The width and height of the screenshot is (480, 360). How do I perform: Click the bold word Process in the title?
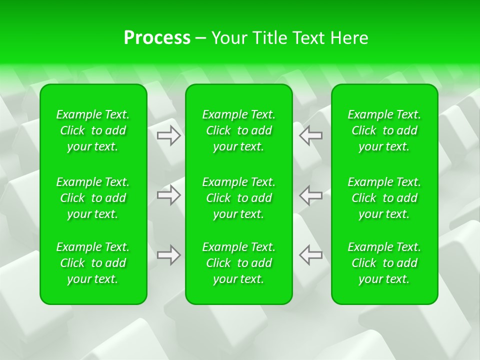pyautogui.click(x=157, y=38)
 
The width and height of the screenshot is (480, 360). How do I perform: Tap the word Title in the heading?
pyautogui.click(x=269, y=38)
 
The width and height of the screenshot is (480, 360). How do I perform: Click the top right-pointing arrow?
pyautogui.click(x=168, y=135)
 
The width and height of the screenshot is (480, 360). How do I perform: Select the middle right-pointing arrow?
pyautogui.click(x=168, y=195)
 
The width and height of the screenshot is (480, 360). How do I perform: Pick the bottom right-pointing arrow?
pyautogui.click(x=168, y=255)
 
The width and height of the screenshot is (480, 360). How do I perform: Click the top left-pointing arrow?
pyautogui.click(x=310, y=135)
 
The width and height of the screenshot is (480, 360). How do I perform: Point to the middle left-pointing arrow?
pyautogui.click(x=310, y=195)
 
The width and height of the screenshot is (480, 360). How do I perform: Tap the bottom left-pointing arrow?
pyautogui.click(x=310, y=255)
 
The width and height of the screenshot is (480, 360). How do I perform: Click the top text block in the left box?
pyautogui.click(x=93, y=130)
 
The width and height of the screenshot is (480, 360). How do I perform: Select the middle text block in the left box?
pyautogui.click(x=93, y=198)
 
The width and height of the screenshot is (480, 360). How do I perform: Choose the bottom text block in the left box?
pyautogui.click(x=93, y=263)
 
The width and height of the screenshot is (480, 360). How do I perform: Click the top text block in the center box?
pyautogui.click(x=239, y=130)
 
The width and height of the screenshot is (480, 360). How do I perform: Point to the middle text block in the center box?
pyautogui.click(x=239, y=198)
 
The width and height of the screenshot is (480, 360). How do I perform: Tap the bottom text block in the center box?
pyautogui.click(x=239, y=263)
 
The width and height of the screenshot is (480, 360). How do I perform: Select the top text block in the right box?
pyautogui.click(x=384, y=130)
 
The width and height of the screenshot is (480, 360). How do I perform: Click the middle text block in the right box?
pyautogui.click(x=384, y=198)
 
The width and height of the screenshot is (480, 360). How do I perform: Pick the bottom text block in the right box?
pyautogui.click(x=384, y=263)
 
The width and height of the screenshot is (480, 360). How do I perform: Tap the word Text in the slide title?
pyautogui.click(x=309, y=38)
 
